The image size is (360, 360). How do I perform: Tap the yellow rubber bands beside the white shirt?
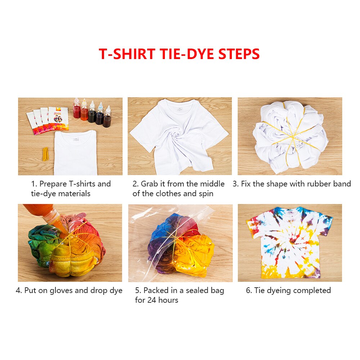click(45, 154)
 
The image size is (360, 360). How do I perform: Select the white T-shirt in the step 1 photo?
click(75, 153)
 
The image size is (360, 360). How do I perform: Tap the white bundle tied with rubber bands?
click(290, 136)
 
